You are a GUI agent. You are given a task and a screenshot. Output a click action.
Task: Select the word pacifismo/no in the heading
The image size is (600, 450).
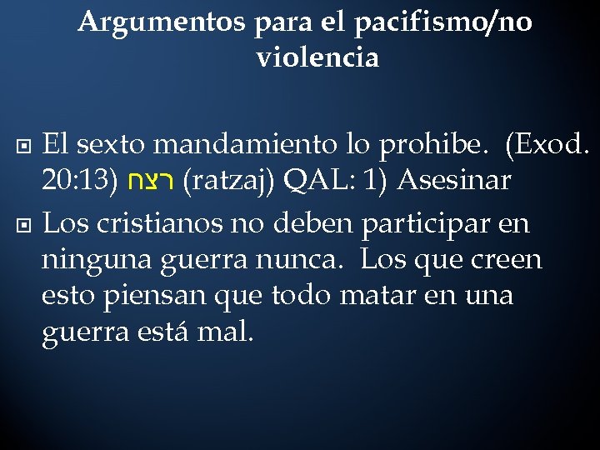(x=443, y=22)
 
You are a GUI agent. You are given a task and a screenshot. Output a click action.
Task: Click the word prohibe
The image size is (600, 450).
(x=432, y=146)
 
